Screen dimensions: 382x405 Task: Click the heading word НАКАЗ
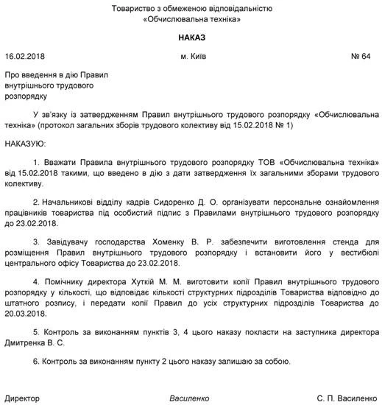191,37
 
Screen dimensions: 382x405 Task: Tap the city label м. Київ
194,57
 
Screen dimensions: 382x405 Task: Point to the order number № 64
362,57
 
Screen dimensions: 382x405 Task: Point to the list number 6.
38,362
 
